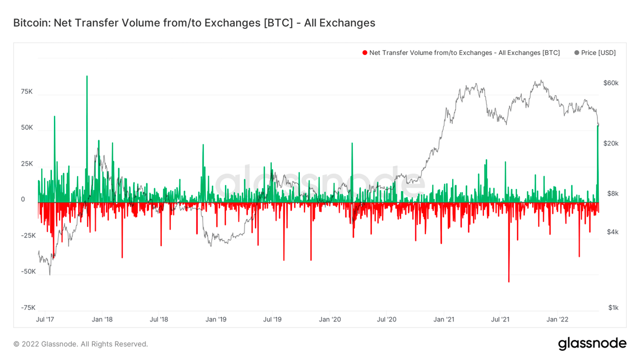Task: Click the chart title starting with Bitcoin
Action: tap(194, 22)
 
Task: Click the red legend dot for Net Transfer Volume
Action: tap(365, 53)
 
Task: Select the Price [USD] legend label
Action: tap(598, 53)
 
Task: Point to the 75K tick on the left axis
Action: tap(27, 91)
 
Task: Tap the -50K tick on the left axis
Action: tap(28, 271)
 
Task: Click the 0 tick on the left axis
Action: tap(23, 199)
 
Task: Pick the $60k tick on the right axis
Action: tap(611, 83)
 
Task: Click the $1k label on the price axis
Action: tap(613, 307)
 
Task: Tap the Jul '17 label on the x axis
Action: tap(45, 320)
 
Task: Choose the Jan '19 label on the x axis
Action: tap(216, 320)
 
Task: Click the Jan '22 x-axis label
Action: tap(558, 320)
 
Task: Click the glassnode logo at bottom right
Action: tap(592, 344)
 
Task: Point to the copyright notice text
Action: tap(81, 344)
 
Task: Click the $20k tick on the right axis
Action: tap(611, 143)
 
